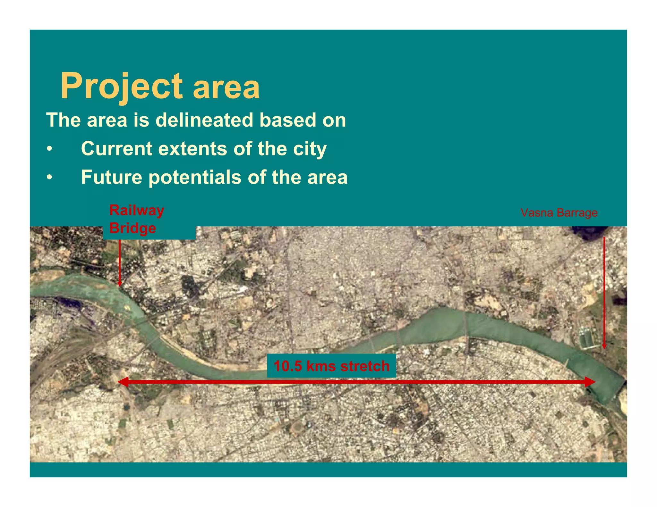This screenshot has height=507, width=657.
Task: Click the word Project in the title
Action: pyautogui.click(x=121, y=86)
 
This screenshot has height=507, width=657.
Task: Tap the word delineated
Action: pyautogui.click(x=205, y=120)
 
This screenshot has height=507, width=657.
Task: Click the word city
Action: pyautogui.click(x=310, y=149)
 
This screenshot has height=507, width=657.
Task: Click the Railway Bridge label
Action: pyautogui.click(x=137, y=219)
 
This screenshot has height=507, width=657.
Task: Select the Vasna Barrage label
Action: pyautogui.click(x=559, y=213)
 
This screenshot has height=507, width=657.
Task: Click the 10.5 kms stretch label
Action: pyautogui.click(x=331, y=366)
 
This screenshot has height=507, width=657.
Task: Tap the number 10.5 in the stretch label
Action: pyautogui.click(x=288, y=366)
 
